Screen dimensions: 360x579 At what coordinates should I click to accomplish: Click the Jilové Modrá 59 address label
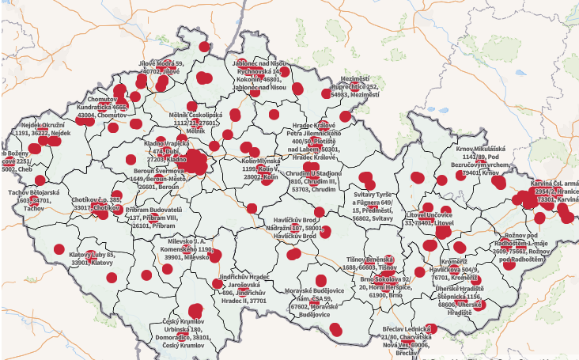(x=161, y=67)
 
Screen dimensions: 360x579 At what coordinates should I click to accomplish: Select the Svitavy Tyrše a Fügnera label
(x=377, y=207)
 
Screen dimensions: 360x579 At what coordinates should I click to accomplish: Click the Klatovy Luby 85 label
(x=92, y=259)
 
